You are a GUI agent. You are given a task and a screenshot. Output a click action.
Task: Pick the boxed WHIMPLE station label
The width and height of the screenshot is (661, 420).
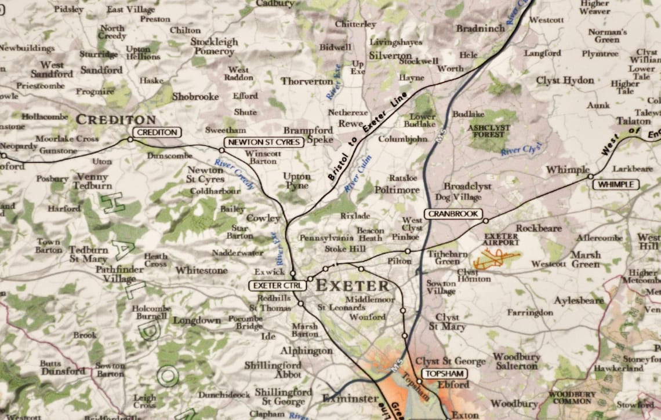tap(615, 185)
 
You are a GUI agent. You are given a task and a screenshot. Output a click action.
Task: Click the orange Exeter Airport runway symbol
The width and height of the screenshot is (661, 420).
tap(494, 260)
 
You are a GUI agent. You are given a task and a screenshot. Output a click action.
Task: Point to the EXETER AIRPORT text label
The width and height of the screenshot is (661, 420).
tap(501, 239)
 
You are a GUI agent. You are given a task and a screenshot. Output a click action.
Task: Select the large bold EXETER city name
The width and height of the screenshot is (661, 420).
tap(352, 286)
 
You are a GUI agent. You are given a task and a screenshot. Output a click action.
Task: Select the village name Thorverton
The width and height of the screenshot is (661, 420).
tap(307, 81)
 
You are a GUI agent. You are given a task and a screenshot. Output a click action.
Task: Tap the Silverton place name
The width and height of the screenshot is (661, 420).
tap(390, 56)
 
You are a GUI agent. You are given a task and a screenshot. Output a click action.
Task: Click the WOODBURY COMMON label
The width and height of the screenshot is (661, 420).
tap(572, 397)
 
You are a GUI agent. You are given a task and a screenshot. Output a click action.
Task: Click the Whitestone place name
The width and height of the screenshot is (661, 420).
tap(201, 270)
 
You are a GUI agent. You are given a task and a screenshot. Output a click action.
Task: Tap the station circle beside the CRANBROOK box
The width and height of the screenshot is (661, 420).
tap(485, 221)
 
